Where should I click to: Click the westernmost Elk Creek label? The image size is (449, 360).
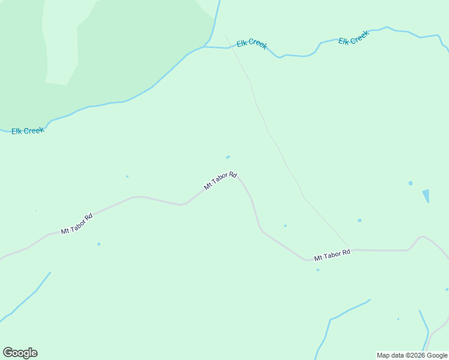click(x=28, y=131)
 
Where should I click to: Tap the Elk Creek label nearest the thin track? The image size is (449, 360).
click(x=252, y=44)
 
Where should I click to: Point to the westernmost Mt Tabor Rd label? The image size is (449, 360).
click(x=76, y=224)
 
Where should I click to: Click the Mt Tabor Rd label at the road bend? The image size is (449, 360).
click(x=220, y=181)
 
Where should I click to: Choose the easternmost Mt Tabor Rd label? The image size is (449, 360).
click(x=332, y=255)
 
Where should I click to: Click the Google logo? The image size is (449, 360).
click(x=20, y=353)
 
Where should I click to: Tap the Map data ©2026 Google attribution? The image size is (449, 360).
click(x=412, y=355)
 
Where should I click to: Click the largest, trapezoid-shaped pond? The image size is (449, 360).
click(x=426, y=196)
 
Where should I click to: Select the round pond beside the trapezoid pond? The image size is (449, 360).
click(x=411, y=183)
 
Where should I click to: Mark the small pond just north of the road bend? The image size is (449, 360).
click(x=228, y=157)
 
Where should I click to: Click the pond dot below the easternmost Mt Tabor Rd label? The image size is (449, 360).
click(x=318, y=270)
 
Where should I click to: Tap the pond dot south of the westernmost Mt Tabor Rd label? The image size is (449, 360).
click(x=98, y=244)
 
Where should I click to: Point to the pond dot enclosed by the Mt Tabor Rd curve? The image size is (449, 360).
click(x=285, y=226)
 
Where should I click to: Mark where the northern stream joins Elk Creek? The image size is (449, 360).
click(x=206, y=46)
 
